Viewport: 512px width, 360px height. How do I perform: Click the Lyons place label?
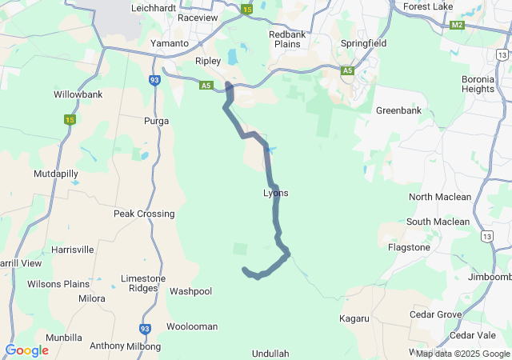(275, 193)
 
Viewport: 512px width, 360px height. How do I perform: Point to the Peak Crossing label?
(144, 214)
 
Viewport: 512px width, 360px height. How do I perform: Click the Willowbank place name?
(78, 94)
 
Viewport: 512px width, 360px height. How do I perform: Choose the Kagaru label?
(354, 318)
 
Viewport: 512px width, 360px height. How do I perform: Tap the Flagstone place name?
(409, 247)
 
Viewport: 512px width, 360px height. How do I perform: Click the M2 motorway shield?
(457, 25)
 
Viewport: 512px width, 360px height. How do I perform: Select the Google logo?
(26, 350)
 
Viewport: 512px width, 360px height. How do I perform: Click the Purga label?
(156, 120)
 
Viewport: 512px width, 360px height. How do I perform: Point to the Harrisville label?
(72, 250)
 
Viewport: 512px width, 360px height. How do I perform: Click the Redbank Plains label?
(287, 39)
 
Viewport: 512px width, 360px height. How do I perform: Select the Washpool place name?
(190, 291)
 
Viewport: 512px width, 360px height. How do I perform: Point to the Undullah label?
(270, 353)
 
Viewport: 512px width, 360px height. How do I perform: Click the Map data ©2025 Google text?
(462, 354)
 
